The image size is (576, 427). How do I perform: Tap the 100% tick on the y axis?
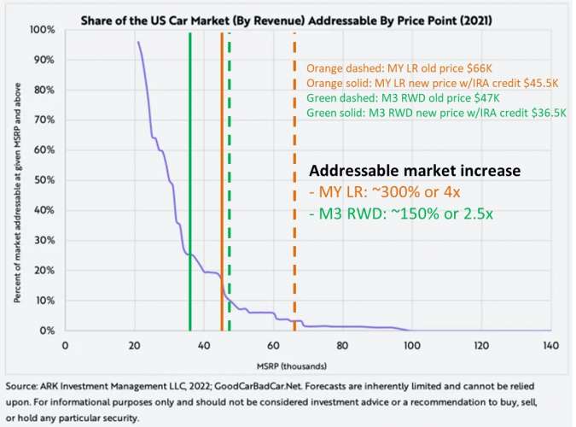click(43, 30)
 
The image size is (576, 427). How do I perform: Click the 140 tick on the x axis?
click(550, 346)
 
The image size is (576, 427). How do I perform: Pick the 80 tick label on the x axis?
click(342, 346)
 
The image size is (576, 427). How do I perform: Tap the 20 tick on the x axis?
click(134, 346)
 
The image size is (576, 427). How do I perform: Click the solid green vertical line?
click(190, 179)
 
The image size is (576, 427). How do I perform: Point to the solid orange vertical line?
click(222, 179)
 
